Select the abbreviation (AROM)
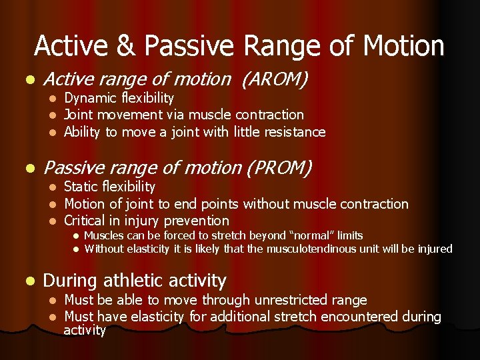[275, 79]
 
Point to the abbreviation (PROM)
[279, 168]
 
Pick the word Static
[79, 187]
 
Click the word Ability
[81, 132]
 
